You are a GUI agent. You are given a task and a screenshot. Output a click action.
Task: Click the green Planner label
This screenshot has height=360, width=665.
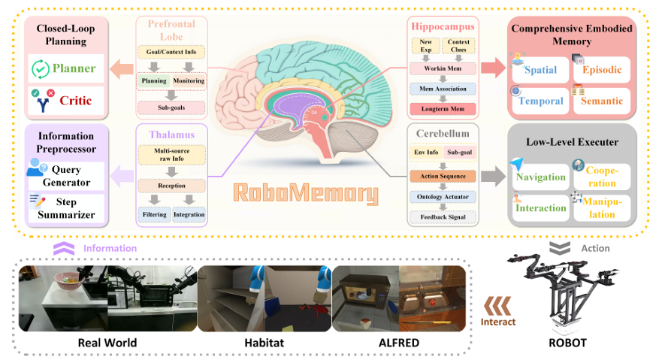pyautogui.click(x=74, y=68)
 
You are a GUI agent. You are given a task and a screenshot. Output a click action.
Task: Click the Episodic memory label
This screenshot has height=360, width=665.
pyautogui.click(x=600, y=70)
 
